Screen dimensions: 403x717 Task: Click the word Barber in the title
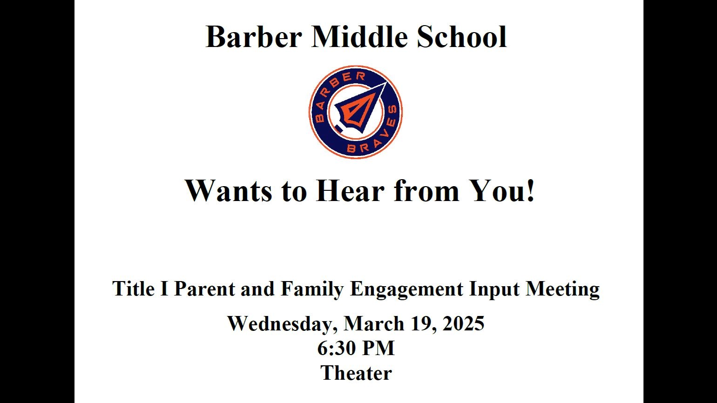[x=253, y=37]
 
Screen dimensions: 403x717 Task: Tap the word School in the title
[x=461, y=37]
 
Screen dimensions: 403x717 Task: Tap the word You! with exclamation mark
[x=502, y=190]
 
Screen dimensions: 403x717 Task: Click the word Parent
[x=204, y=289]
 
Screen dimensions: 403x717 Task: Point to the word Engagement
[x=407, y=289]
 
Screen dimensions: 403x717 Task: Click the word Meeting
[x=562, y=289]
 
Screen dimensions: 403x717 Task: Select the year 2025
[x=463, y=323]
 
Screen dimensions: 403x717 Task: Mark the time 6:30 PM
[x=356, y=348]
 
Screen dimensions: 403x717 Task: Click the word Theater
[x=356, y=373]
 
